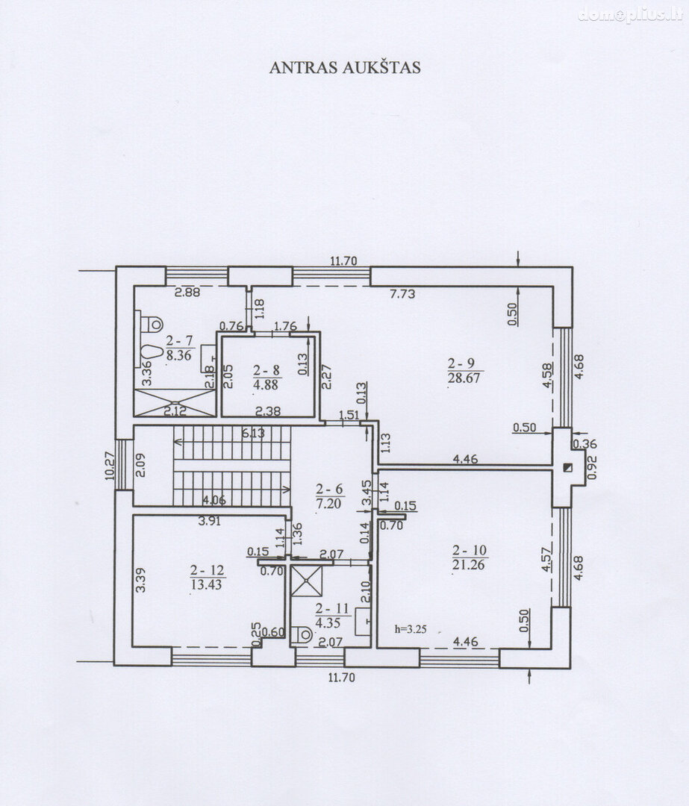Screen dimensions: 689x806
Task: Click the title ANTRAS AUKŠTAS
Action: (x=345, y=68)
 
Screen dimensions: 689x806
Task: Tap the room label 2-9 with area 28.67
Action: (x=464, y=371)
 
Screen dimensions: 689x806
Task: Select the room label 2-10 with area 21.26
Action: (x=469, y=557)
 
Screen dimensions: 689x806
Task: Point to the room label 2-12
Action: (x=208, y=577)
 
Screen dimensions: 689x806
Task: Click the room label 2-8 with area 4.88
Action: (x=266, y=378)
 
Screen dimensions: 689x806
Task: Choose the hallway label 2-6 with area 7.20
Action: (x=329, y=496)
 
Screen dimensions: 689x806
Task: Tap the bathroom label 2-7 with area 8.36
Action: (x=178, y=348)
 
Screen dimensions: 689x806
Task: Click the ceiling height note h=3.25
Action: (x=411, y=628)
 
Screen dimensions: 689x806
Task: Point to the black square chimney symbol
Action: (x=567, y=467)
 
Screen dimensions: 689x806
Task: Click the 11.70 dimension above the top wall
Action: (x=343, y=260)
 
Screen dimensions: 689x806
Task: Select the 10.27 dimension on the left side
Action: (x=110, y=466)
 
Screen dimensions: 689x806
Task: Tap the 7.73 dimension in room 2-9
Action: (x=402, y=294)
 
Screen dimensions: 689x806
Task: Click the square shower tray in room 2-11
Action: (x=307, y=581)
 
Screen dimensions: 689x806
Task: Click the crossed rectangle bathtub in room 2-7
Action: (x=175, y=402)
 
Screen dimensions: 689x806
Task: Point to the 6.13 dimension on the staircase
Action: (x=253, y=433)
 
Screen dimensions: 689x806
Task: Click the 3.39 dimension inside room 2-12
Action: (x=140, y=580)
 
